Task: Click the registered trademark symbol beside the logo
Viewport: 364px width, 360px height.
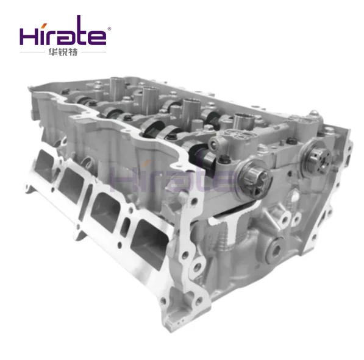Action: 109,29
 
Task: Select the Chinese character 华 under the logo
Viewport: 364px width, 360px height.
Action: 52,52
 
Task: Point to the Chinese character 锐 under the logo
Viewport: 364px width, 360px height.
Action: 63,52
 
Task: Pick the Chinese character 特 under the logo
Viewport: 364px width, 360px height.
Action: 73,52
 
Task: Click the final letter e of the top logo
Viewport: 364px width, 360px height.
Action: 98,37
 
